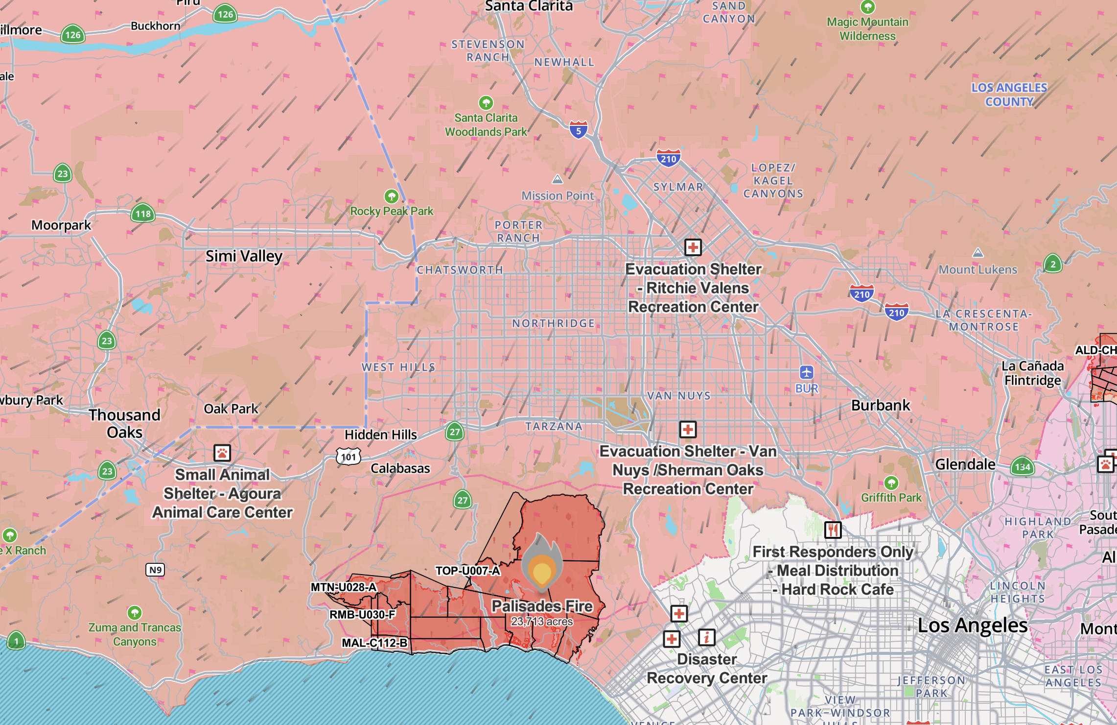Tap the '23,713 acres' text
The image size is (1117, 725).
[542, 622]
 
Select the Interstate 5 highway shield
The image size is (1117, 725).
[578, 130]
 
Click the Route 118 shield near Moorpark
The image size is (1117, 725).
[143, 214]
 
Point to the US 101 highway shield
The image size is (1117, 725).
[349, 457]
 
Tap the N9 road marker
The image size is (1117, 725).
[155, 570]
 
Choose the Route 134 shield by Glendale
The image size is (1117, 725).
[1022, 467]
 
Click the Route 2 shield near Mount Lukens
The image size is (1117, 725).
[1053, 264]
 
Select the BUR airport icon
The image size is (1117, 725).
[807, 373]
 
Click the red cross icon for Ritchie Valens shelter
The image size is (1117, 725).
[693, 247]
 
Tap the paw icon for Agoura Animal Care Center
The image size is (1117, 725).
[222, 453]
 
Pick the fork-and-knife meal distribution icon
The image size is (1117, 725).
[833, 530]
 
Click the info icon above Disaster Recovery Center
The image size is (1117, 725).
[706, 637]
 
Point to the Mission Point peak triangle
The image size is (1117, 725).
[558, 179]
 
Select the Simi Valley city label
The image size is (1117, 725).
[244, 256]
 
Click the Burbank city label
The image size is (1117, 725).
[881, 406]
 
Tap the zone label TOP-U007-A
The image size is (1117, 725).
[467, 571]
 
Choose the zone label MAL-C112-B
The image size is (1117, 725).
[374, 643]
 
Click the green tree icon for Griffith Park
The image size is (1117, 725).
[891, 483]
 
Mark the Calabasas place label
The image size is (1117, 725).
[400, 468]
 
